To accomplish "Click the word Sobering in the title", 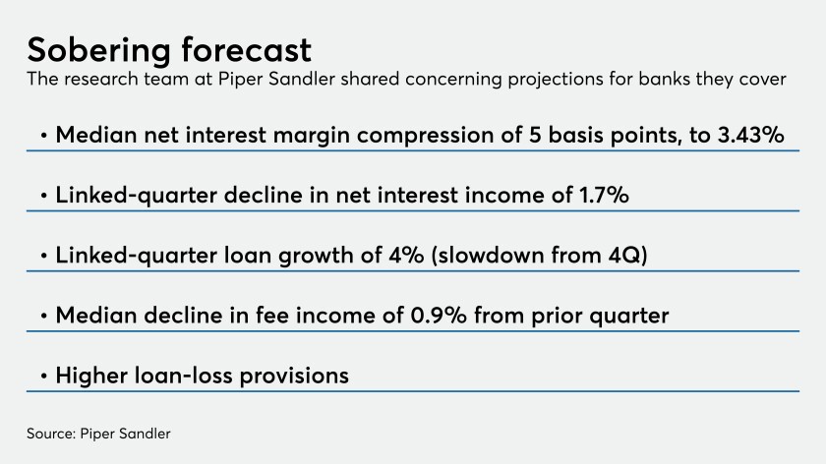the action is coord(99,51).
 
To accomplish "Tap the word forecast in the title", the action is coord(247,49).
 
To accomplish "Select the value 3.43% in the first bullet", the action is coord(750,135).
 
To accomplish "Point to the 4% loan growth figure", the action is coord(406,255).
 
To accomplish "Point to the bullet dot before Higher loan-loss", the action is coord(43,377).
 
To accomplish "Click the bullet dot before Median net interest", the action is coord(43,136).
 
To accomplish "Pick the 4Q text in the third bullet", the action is coord(625,255).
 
